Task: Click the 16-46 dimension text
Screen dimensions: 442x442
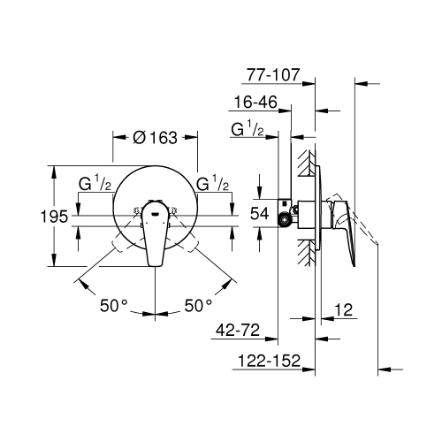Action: pyautogui.click(x=259, y=103)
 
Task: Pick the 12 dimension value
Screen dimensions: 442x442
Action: pyautogui.click(x=346, y=310)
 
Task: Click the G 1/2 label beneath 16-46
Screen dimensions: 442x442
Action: pyautogui.click(x=247, y=130)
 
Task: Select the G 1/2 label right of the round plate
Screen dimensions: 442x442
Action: pyautogui.click(x=213, y=185)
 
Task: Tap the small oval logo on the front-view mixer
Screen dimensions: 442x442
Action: pyautogui.click(x=156, y=212)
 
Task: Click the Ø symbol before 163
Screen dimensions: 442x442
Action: pyautogui.click(x=138, y=137)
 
